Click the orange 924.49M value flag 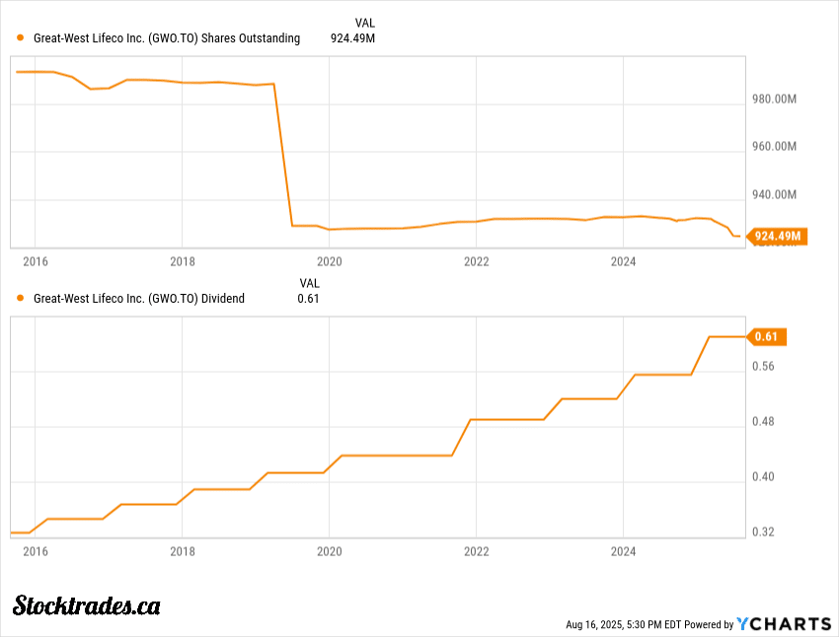point(779,236)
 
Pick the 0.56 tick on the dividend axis point(763,367)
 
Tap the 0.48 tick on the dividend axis point(763,422)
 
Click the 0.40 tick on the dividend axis point(763,477)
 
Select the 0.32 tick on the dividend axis point(763,532)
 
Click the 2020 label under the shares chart point(329,261)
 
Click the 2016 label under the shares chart point(35,261)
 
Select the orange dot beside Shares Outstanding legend point(21,38)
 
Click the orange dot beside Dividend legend point(21,298)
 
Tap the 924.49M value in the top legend point(352,38)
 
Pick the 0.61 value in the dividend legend point(309,298)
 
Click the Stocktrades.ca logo point(87,605)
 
